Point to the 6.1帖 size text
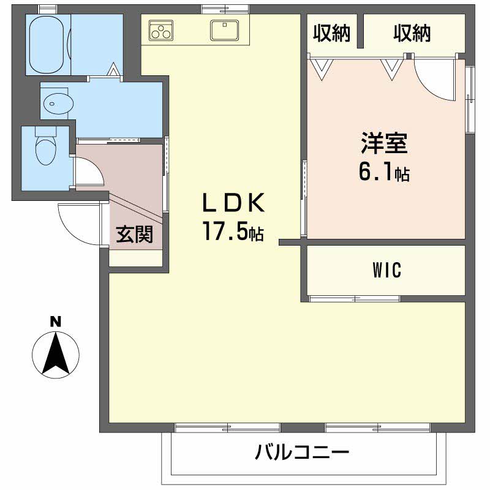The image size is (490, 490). [x=384, y=173]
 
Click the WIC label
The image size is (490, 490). [x=386, y=269]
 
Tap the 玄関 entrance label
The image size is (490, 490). [x=135, y=235]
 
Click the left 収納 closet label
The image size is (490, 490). [x=331, y=34]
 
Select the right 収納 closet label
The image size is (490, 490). [x=412, y=34]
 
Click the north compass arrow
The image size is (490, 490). [x=55, y=354]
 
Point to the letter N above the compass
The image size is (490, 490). [x=55, y=321]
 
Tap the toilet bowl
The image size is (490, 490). [x=45, y=149]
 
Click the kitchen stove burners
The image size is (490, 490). [x=162, y=30]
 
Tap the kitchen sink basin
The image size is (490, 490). [x=225, y=29]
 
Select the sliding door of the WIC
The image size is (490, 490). [x=354, y=299]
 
